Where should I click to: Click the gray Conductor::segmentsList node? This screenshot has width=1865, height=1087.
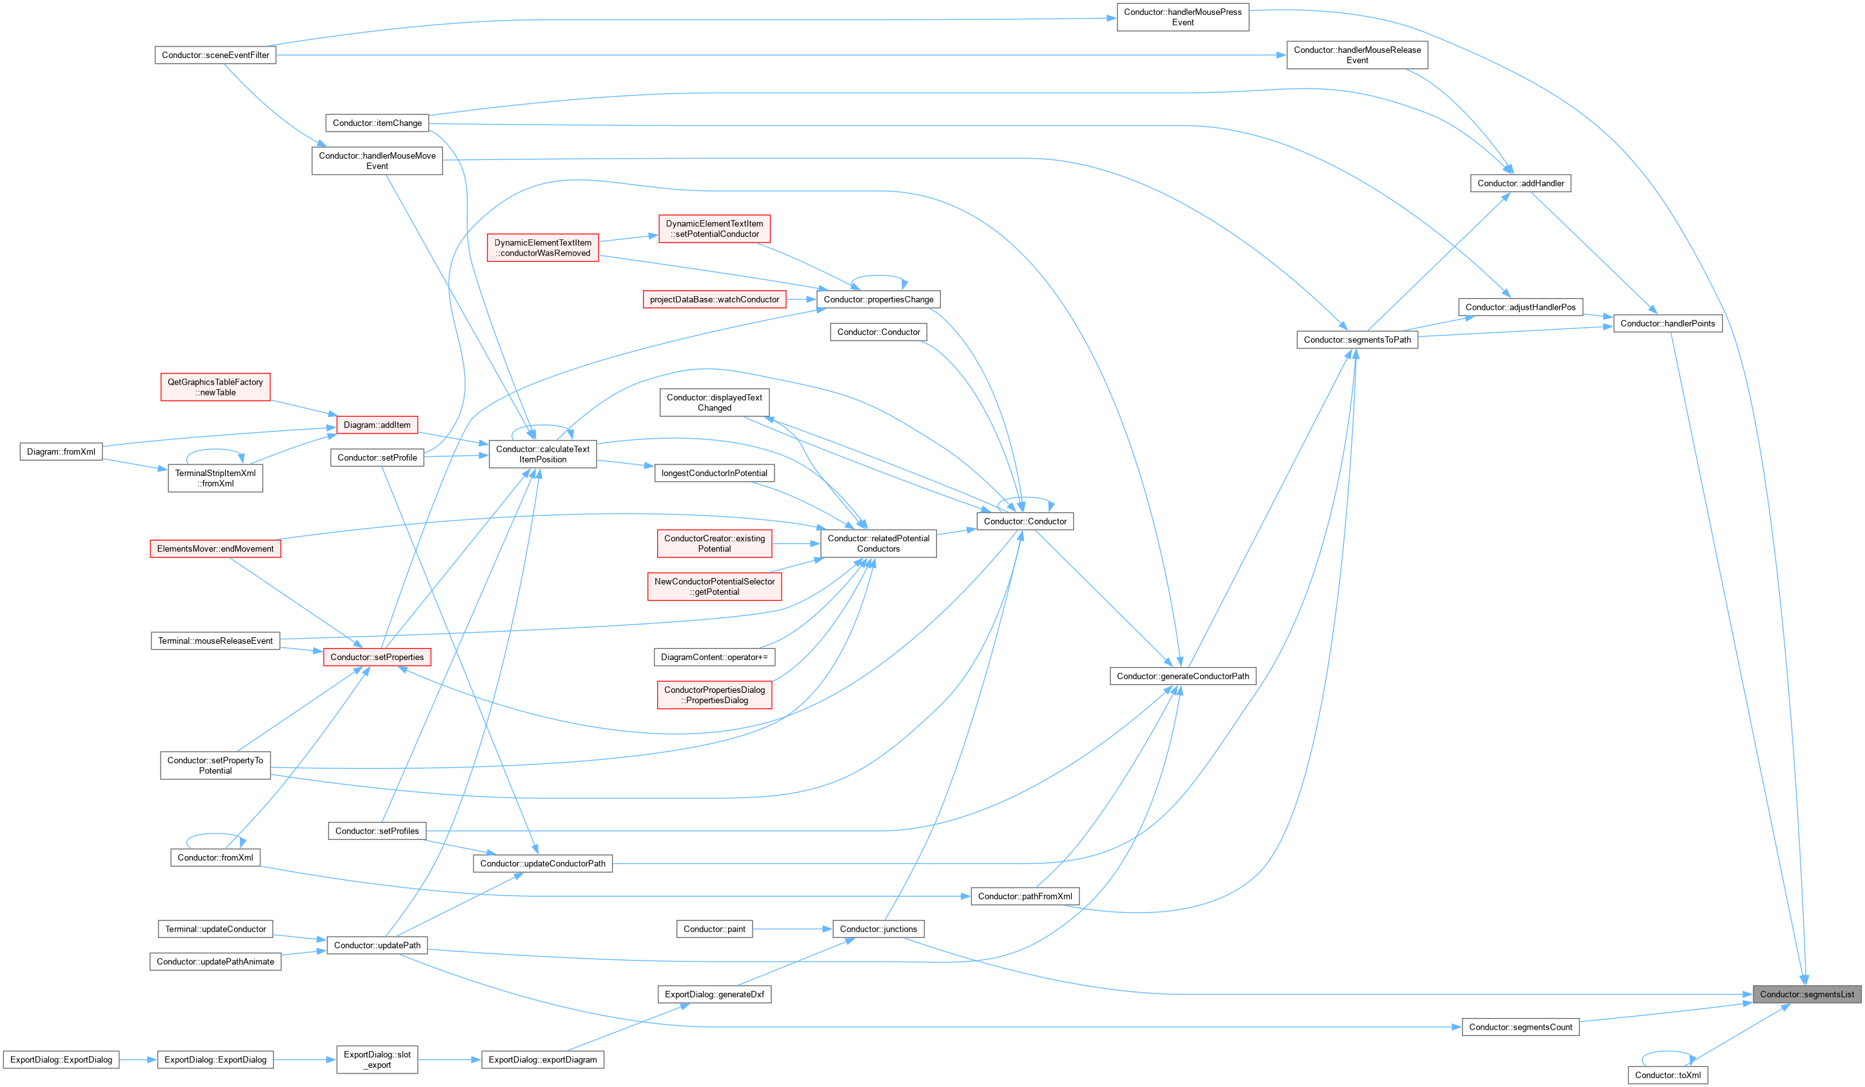tap(1806, 995)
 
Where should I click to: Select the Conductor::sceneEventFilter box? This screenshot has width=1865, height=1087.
tap(215, 55)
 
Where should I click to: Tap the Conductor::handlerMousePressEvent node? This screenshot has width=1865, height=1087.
tap(1183, 17)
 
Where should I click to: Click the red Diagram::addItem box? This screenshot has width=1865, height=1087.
tap(377, 425)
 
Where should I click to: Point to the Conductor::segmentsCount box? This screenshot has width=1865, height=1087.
tap(1520, 1027)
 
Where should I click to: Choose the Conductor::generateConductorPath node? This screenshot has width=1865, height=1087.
tap(1183, 676)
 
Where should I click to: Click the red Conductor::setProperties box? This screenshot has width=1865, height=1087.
tap(377, 657)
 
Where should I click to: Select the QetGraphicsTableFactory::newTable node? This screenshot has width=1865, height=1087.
tap(215, 387)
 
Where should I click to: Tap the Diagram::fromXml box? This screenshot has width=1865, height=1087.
tap(61, 452)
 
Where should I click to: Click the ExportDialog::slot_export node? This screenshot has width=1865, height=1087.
tap(377, 1060)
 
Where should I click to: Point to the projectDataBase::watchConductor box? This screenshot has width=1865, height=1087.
tap(714, 299)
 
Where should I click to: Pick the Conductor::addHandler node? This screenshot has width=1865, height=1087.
tap(1520, 183)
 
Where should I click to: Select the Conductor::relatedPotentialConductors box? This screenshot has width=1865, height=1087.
tap(878, 543)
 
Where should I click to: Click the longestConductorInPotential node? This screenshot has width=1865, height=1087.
tap(714, 473)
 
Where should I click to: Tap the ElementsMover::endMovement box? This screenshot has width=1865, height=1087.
tap(215, 549)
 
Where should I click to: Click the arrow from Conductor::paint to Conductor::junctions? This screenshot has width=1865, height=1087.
tap(793, 928)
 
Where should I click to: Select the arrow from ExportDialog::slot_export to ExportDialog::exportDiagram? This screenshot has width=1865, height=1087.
tap(449, 1060)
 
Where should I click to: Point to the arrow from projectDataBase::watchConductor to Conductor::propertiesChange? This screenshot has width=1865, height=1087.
tap(801, 299)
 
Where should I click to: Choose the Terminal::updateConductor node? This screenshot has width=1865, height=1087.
tap(215, 928)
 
